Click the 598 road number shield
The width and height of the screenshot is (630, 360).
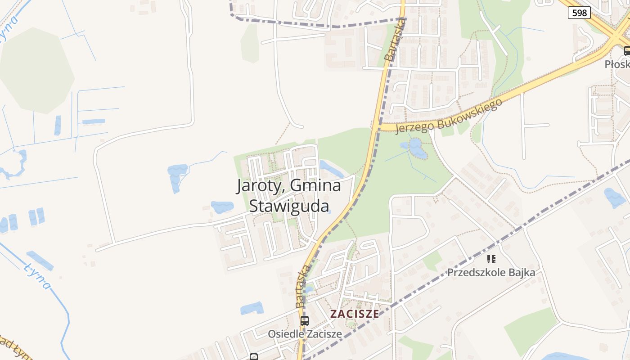click(x=579, y=13)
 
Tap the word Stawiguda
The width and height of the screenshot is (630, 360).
click(x=289, y=206)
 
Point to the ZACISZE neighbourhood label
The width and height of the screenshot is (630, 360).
click(x=355, y=314)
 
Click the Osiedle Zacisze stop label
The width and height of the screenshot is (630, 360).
click(x=305, y=334)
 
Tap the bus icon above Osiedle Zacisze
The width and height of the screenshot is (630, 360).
click(x=305, y=321)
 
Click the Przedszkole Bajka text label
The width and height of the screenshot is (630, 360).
click(x=491, y=272)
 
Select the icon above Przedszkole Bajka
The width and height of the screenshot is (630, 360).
click(x=491, y=259)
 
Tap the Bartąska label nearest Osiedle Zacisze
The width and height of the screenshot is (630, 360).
click(x=303, y=286)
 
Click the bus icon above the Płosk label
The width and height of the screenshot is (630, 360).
click(x=627, y=51)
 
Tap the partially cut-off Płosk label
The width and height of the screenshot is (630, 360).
click(x=617, y=64)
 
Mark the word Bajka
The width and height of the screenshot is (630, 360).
click(x=521, y=272)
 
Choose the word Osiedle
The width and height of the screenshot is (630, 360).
click(x=283, y=334)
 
